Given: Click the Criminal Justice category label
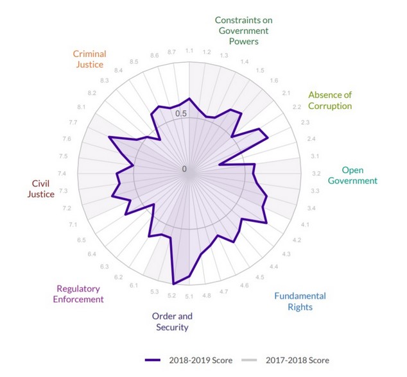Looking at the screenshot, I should point(89,59).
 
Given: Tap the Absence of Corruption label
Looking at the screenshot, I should point(330,100).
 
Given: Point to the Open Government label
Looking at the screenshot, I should point(352,175).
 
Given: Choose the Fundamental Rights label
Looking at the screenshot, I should point(300,301).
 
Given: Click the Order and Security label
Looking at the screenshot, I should point(172,322).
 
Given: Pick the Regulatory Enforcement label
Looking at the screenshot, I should point(80,294).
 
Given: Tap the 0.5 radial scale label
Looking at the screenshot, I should point(182,114).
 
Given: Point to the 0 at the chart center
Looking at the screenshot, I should point(184,169).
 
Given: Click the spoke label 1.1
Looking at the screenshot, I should point(189,51).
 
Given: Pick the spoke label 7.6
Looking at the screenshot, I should point(67,139).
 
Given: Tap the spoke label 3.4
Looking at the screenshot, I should point(311,208).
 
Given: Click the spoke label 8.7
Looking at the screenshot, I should point(171,51).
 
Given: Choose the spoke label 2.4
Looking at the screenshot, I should point(311,139).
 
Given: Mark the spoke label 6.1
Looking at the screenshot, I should point(134,285).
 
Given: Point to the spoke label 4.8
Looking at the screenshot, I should point(207,296).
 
